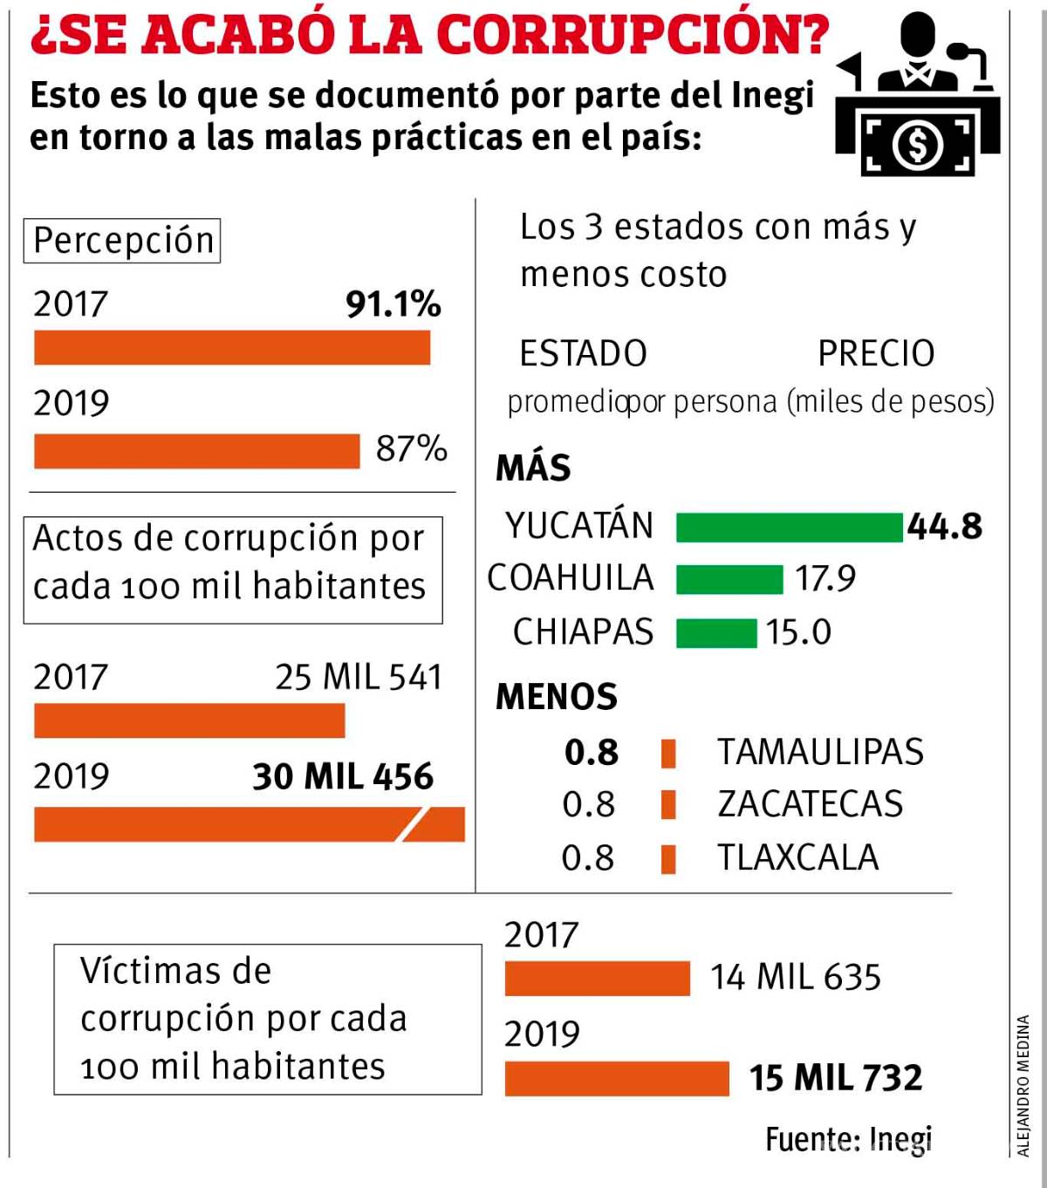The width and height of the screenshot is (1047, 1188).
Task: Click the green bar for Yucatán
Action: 789,528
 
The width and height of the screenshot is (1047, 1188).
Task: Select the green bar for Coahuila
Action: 729,580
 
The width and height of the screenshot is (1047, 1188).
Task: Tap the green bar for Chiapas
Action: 716,633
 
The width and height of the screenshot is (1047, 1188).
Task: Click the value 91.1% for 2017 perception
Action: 393,304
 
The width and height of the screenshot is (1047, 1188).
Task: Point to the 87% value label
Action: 411,449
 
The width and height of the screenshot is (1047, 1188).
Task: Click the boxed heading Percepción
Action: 122,241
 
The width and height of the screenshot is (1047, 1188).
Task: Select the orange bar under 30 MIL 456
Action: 249,824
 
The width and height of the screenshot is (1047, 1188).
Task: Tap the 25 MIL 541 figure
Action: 359,678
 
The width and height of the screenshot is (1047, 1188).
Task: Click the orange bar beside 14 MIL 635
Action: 597,979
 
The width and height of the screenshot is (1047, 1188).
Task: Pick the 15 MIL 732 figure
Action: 835,1078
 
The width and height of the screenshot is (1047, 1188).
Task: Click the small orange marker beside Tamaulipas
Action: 668,753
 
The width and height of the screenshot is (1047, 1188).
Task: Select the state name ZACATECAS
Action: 810,804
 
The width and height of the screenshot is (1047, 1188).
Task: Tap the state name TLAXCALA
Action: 797,858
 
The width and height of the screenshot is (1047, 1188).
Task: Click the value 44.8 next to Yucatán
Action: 945,527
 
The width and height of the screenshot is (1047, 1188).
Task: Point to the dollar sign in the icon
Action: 917,145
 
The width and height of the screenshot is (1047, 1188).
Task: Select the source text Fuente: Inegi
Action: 848,1139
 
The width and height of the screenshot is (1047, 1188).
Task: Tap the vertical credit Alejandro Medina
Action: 1023,1085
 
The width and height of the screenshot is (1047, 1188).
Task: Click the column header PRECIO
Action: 875,354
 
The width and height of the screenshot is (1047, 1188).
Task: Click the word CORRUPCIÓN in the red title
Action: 632,35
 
